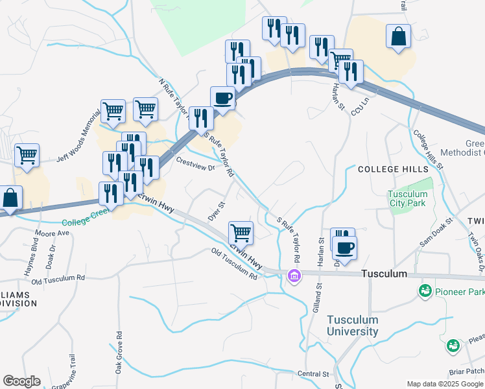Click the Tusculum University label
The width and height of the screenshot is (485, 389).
click(x=352, y=325)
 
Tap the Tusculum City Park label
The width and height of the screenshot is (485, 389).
click(x=408, y=198)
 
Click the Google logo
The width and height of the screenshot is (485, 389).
click(x=21, y=381)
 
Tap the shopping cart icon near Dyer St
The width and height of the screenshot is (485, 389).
click(x=241, y=231)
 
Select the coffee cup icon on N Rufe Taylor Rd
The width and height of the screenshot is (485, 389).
click(x=223, y=99)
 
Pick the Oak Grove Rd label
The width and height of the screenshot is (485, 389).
click(x=119, y=353)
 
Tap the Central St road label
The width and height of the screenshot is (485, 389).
click(x=314, y=374)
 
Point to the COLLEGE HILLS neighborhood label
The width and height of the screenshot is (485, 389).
click(x=386, y=169)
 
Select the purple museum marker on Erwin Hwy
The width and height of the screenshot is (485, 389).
click(x=294, y=276)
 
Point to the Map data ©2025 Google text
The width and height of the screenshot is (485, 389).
click(x=445, y=383)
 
